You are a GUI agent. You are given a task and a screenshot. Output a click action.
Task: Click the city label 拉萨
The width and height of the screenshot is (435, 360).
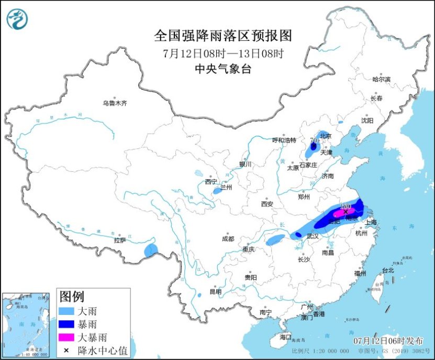(x=119, y=241)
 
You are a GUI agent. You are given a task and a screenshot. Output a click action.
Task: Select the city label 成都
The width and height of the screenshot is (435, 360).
(x=228, y=238)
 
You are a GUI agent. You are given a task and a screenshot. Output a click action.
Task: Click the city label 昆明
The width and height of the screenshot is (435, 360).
(x=215, y=291)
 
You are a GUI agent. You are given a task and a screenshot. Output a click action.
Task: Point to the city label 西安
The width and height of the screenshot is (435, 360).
(x=267, y=203)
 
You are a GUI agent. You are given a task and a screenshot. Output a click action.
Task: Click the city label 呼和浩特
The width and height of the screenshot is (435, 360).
(x=284, y=140)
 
